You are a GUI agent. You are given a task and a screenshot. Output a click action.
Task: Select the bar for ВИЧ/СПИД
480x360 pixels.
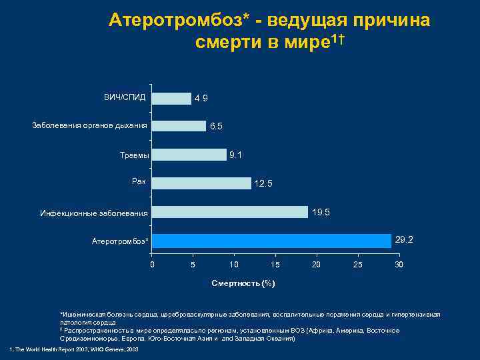coord(171,98)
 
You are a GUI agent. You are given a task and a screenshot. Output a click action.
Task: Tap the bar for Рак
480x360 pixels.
coord(201,183)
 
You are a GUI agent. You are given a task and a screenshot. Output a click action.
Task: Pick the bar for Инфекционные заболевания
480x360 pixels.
coord(230,212)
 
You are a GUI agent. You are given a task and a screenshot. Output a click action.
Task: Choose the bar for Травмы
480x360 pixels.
coord(189,155)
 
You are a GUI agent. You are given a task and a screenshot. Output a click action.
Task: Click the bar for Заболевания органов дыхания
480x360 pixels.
coord(179,126)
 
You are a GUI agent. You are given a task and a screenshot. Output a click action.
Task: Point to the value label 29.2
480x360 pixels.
coord(404,239)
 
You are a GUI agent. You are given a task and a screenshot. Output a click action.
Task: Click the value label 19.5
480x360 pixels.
coord(321,212)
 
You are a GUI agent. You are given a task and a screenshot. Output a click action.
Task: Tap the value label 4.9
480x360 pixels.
coord(201,99)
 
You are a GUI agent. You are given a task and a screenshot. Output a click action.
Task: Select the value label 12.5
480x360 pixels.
coord(263,184)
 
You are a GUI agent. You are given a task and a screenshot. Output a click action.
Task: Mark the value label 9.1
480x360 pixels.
coord(235,155)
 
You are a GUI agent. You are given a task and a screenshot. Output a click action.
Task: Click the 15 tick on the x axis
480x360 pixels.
coord(275,265)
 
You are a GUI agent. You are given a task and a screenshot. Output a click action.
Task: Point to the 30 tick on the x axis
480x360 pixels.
coord(399,265)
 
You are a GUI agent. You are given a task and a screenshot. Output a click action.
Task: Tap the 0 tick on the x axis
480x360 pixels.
coord(152,265)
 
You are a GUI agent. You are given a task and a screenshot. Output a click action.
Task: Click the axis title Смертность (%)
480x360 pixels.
coord(243,283)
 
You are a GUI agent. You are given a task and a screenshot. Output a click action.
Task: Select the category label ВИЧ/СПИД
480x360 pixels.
coord(125,97)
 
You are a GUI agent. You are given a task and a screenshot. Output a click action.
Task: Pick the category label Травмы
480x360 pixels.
coord(135,155)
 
